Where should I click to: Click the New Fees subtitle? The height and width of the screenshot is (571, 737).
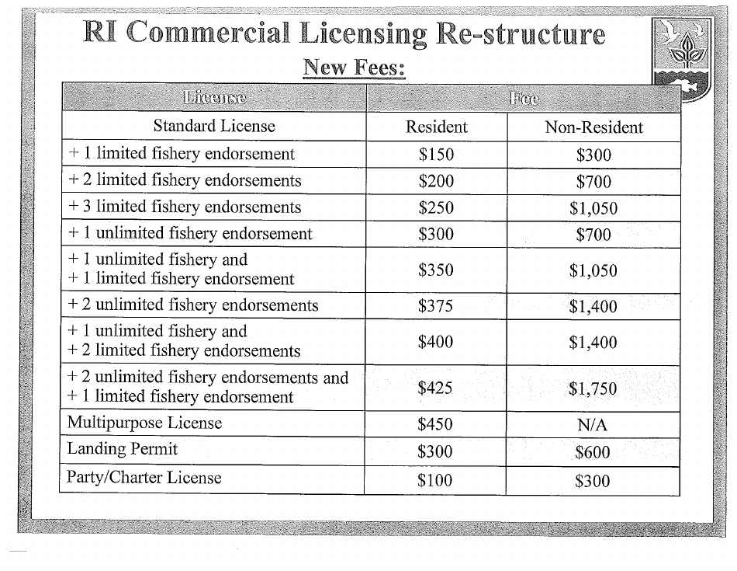(354, 68)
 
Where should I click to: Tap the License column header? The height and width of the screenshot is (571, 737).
(213, 98)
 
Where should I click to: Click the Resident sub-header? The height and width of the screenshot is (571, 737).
(437, 127)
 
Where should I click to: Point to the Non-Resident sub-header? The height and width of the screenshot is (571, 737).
(593, 127)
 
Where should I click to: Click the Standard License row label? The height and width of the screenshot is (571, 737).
(214, 126)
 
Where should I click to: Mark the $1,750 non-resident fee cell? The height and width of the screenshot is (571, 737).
(593, 388)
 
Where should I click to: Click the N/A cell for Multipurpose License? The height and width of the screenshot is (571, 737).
(593, 425)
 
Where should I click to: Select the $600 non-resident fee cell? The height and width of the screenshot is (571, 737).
(593, 452)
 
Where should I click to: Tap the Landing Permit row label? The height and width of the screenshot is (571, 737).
(123, 449)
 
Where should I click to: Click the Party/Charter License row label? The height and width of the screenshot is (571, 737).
(144, 477)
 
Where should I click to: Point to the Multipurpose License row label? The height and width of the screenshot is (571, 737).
(144, 423)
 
